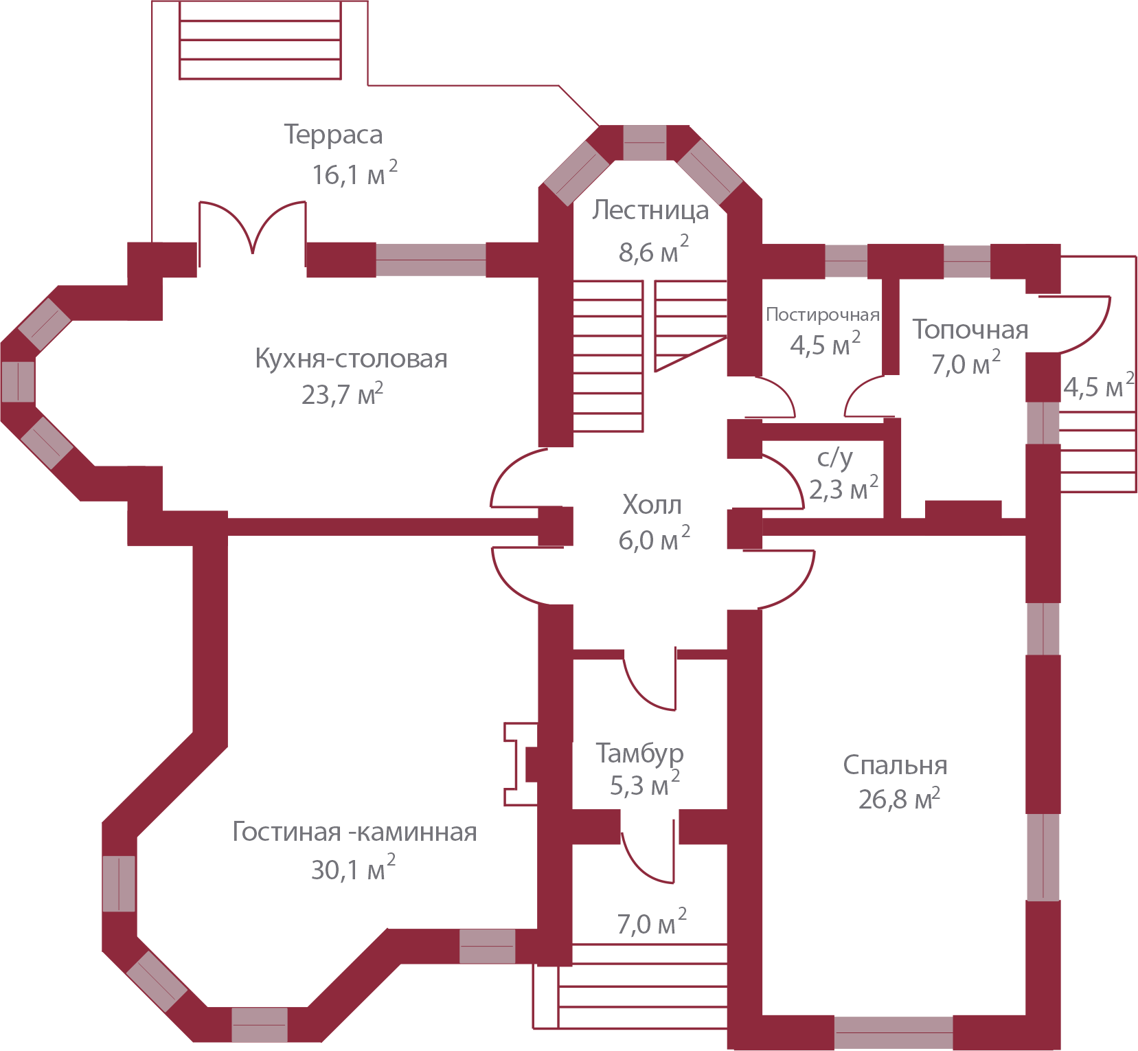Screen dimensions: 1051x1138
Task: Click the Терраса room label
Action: [x=333, y=135]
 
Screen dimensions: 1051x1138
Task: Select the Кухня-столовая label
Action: [x=351, y=359]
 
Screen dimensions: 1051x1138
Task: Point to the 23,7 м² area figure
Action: [x=342, y=394]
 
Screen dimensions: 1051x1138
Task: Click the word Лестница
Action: [x=650, y=210]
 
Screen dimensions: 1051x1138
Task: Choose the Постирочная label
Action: [x=822, y=315]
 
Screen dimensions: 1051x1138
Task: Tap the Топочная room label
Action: [x=970, y=330]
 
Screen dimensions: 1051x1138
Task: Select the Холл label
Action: [x=652, y=505]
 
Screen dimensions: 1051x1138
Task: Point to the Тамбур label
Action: [x=639, y=753]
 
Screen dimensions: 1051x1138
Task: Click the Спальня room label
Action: [x=895, y=765]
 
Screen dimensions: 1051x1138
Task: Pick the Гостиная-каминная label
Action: [x=354, y=832]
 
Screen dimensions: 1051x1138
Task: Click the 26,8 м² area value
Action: [x=898, y=799]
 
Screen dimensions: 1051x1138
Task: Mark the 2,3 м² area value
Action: [x=843, y=489]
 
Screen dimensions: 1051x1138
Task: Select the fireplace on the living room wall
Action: [x=521, y=763]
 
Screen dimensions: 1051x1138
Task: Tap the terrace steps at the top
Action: [x=260, y=40]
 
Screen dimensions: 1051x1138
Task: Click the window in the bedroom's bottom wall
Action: [x=893, y=1033]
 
